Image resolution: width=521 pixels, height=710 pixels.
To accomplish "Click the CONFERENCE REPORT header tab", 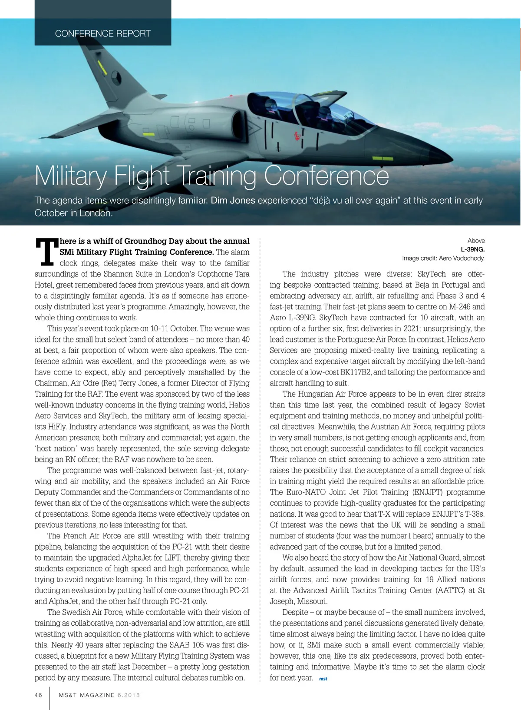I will pos(103,33).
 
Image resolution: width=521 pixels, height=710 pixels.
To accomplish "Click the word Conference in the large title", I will pos(326,176).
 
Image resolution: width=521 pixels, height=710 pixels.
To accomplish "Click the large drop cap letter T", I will pos(46,252).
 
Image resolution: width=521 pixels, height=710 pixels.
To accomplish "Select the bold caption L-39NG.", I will pos(472,249).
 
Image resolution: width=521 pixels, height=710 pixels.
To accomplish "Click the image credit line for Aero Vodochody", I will pos(443,259).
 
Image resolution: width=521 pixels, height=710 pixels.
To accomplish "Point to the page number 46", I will pos(39,695).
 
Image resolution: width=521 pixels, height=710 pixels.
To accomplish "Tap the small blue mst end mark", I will pos(323,679).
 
